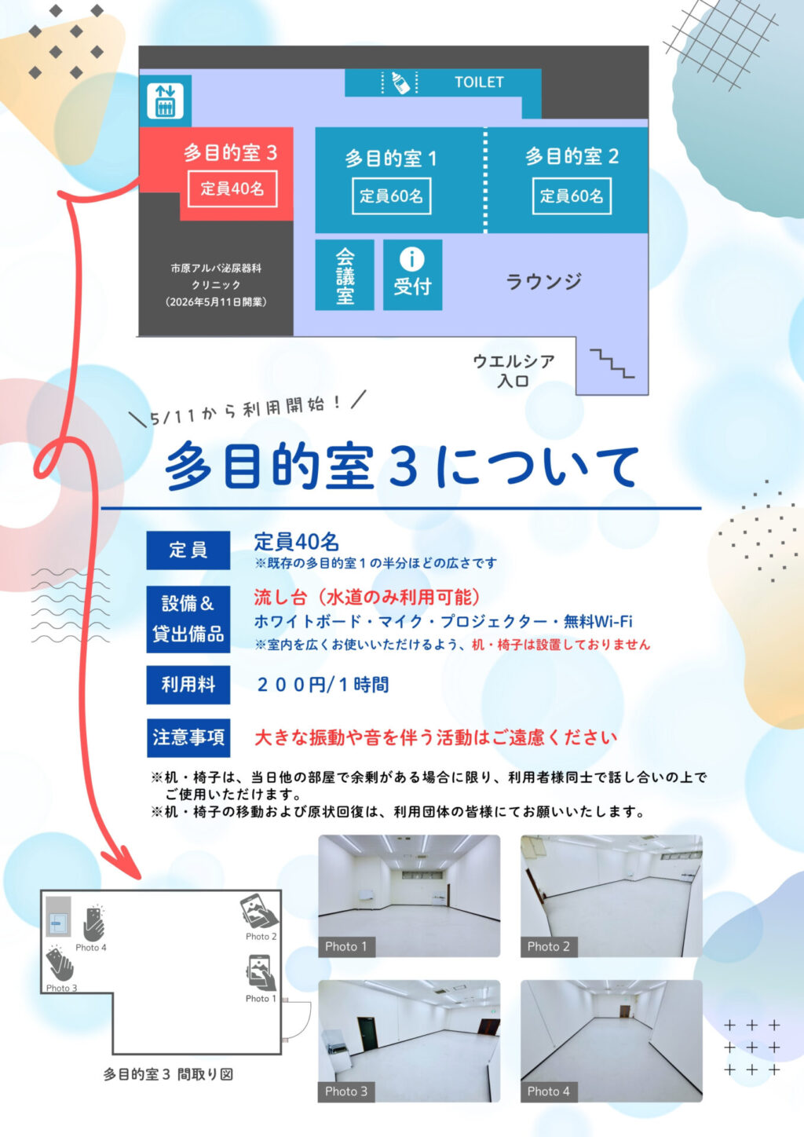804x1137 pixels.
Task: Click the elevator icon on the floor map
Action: (x=165, y=101)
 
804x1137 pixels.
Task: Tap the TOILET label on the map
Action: (x=479, y=82)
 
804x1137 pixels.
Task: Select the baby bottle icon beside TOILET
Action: (x=400, y=82)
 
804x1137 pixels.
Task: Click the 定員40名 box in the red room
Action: (x=232, y=188)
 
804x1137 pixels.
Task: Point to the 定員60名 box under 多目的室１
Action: (x=391, y=196)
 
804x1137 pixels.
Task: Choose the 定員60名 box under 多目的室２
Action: (x=572, y=196)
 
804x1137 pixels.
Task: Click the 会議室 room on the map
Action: (x=345, y=275)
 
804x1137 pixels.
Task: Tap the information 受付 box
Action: (x=412, y=275)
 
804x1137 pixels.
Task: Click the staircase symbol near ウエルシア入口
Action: (x=612, y=364)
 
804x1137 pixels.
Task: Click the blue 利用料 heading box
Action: (x=188, y=685)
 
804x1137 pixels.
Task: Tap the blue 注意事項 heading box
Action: (x=188, y=737)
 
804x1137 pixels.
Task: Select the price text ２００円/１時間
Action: (x=323, y=685)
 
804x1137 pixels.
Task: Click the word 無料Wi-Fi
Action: (x=598, y=621)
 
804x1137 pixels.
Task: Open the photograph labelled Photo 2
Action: (x=611, y=896)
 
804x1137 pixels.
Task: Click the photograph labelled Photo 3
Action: (x=409, y=1041)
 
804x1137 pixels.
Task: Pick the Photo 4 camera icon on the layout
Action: (x=93, y=922)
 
